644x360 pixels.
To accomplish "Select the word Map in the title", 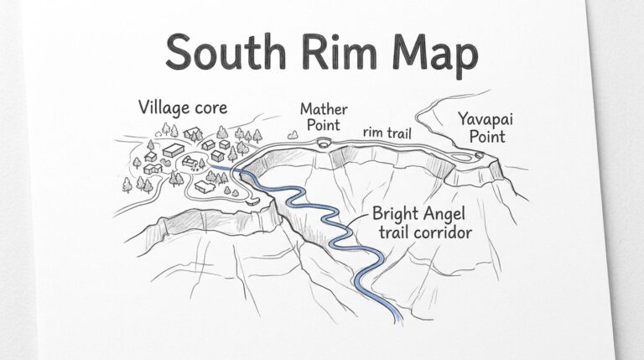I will (433, 56).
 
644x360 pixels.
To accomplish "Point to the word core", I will (209, 109).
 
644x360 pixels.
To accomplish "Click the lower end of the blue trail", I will (397, 318).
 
